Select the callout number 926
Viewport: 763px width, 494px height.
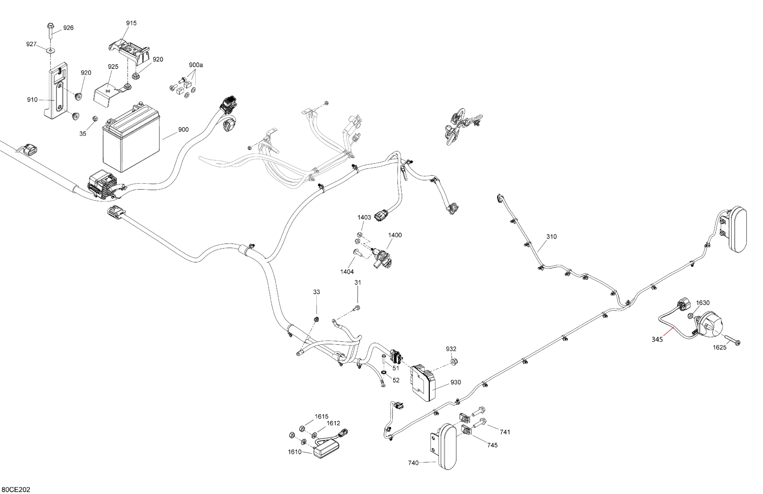pos(68,28)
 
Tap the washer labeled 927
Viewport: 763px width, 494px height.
pos(50,50)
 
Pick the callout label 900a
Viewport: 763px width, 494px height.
pos(195,65)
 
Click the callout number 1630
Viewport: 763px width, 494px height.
pos(703,303)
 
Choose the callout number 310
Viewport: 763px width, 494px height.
pos(552,237)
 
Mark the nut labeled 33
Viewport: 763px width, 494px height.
pos(316,319)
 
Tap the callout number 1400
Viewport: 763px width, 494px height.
pos(395,235)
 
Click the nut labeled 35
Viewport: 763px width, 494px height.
pos(95,119)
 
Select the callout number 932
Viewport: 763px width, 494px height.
pos(451,349)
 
